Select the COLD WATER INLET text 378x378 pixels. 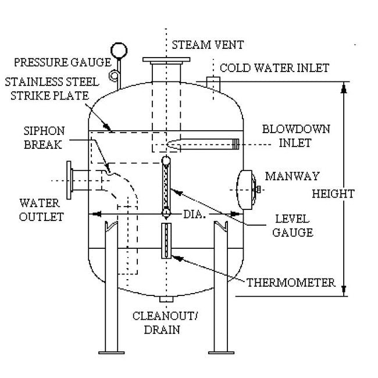[274, 67]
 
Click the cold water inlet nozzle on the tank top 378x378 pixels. [212, 84]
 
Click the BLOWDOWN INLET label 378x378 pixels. [286, 134]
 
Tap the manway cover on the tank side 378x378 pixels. [246, 188]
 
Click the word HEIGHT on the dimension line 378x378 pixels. [333, 194]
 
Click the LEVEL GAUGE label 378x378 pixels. [297, 226]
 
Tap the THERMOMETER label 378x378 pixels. [291, 283]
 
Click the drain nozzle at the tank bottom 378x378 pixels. [166, 299]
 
